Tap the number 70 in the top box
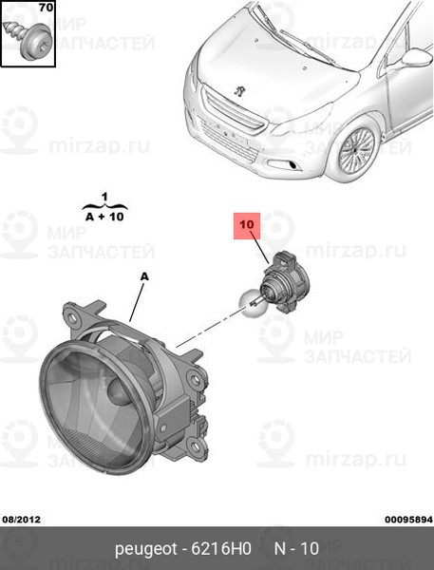(x=46, y=7)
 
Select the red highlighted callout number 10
(x=247, y=225)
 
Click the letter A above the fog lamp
(x=144, y=277)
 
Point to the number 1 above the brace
(x=104, y=198)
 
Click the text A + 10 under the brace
(x=104, y=217)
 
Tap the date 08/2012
(x=22, y=520)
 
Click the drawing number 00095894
(x=408, y=520)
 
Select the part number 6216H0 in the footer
(x=221, y=548)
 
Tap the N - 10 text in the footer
(x=296, y=548)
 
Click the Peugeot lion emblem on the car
(x=238, y=91)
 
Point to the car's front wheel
(x=356, y=150)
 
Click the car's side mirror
(x=417, y=57)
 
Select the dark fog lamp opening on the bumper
(x=292, y=165)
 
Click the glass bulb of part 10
(x=251, y=305)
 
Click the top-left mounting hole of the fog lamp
(x=72, y=317)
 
